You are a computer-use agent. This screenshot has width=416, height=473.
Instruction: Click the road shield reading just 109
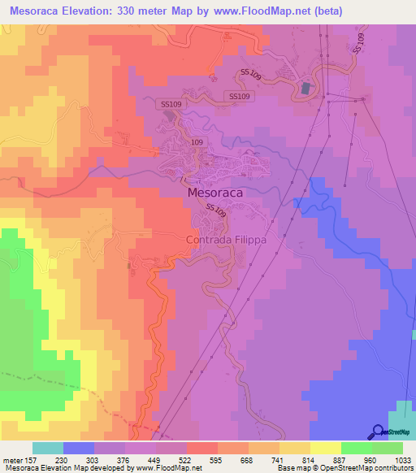pos(197,141)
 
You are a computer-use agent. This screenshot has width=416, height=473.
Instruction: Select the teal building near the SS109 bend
pos(305,87)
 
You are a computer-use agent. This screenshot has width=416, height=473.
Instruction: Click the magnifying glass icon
pos(377,432)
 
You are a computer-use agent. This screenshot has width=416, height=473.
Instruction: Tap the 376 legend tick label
pos(125,459)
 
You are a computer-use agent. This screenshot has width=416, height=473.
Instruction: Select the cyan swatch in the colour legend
pos(48,448)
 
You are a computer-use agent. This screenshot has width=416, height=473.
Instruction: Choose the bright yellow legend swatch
pos(326,448)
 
